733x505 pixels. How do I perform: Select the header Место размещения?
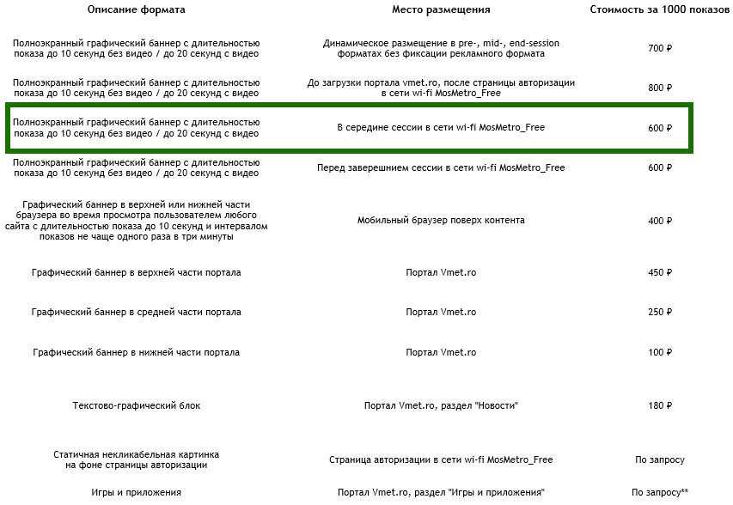441,9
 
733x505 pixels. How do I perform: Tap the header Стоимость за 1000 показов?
660,9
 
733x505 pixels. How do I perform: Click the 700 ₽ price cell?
660,48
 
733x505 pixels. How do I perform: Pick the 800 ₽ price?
660,88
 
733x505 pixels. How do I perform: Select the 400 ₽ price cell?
660,221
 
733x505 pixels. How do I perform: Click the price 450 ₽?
660,273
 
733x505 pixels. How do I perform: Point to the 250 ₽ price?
660,313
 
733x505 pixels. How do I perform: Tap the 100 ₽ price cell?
660,353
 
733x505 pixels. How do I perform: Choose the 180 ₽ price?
660,405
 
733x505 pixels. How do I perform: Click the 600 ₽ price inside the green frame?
660,128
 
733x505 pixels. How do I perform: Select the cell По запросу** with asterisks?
660,493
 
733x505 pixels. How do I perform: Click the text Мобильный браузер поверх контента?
441,221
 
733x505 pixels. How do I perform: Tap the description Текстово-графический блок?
136,405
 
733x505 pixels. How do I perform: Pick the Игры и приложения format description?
136,493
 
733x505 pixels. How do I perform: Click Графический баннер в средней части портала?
136,313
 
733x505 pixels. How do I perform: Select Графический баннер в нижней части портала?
136,353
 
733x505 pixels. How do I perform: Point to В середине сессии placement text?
441,128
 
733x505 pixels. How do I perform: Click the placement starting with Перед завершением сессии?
441,168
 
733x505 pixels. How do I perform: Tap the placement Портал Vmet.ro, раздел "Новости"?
441,405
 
